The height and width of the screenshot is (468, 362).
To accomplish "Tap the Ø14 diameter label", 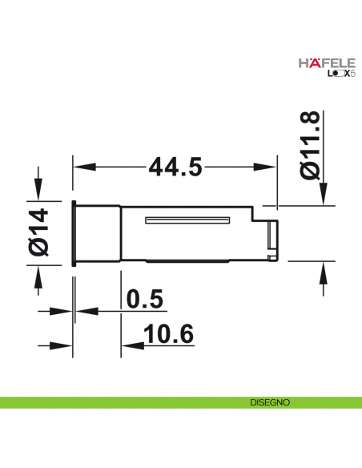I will (38, 232).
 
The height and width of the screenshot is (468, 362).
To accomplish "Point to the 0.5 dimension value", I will (146, 298).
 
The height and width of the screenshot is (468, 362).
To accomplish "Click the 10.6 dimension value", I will (171, 333).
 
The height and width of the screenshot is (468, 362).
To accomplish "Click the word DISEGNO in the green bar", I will (269, 401).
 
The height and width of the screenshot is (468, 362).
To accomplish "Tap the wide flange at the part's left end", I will (74, 232).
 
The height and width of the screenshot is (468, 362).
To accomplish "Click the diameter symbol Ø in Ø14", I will (38, 248).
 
